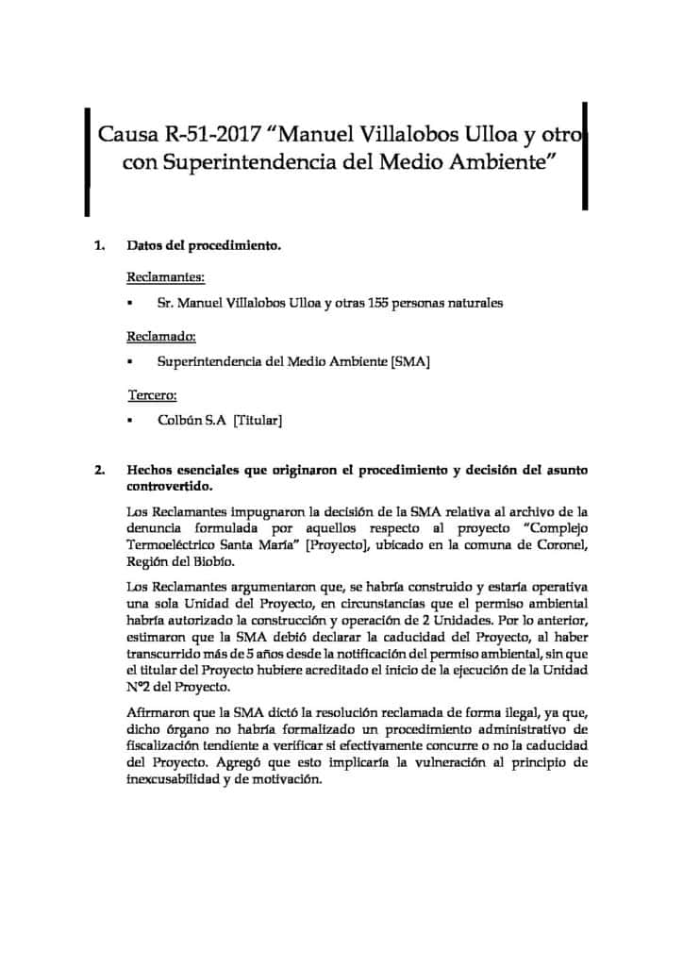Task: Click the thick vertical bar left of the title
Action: coord(87,160)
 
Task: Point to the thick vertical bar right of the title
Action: coord(585,156)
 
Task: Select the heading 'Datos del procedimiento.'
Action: coord(204,248)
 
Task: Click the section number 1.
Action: coord(99,248)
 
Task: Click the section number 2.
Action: coord(99,470)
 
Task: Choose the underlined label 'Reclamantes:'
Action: coord(165,277)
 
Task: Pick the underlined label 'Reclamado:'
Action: coord(161,336)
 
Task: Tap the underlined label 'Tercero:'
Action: coord(153,394)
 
